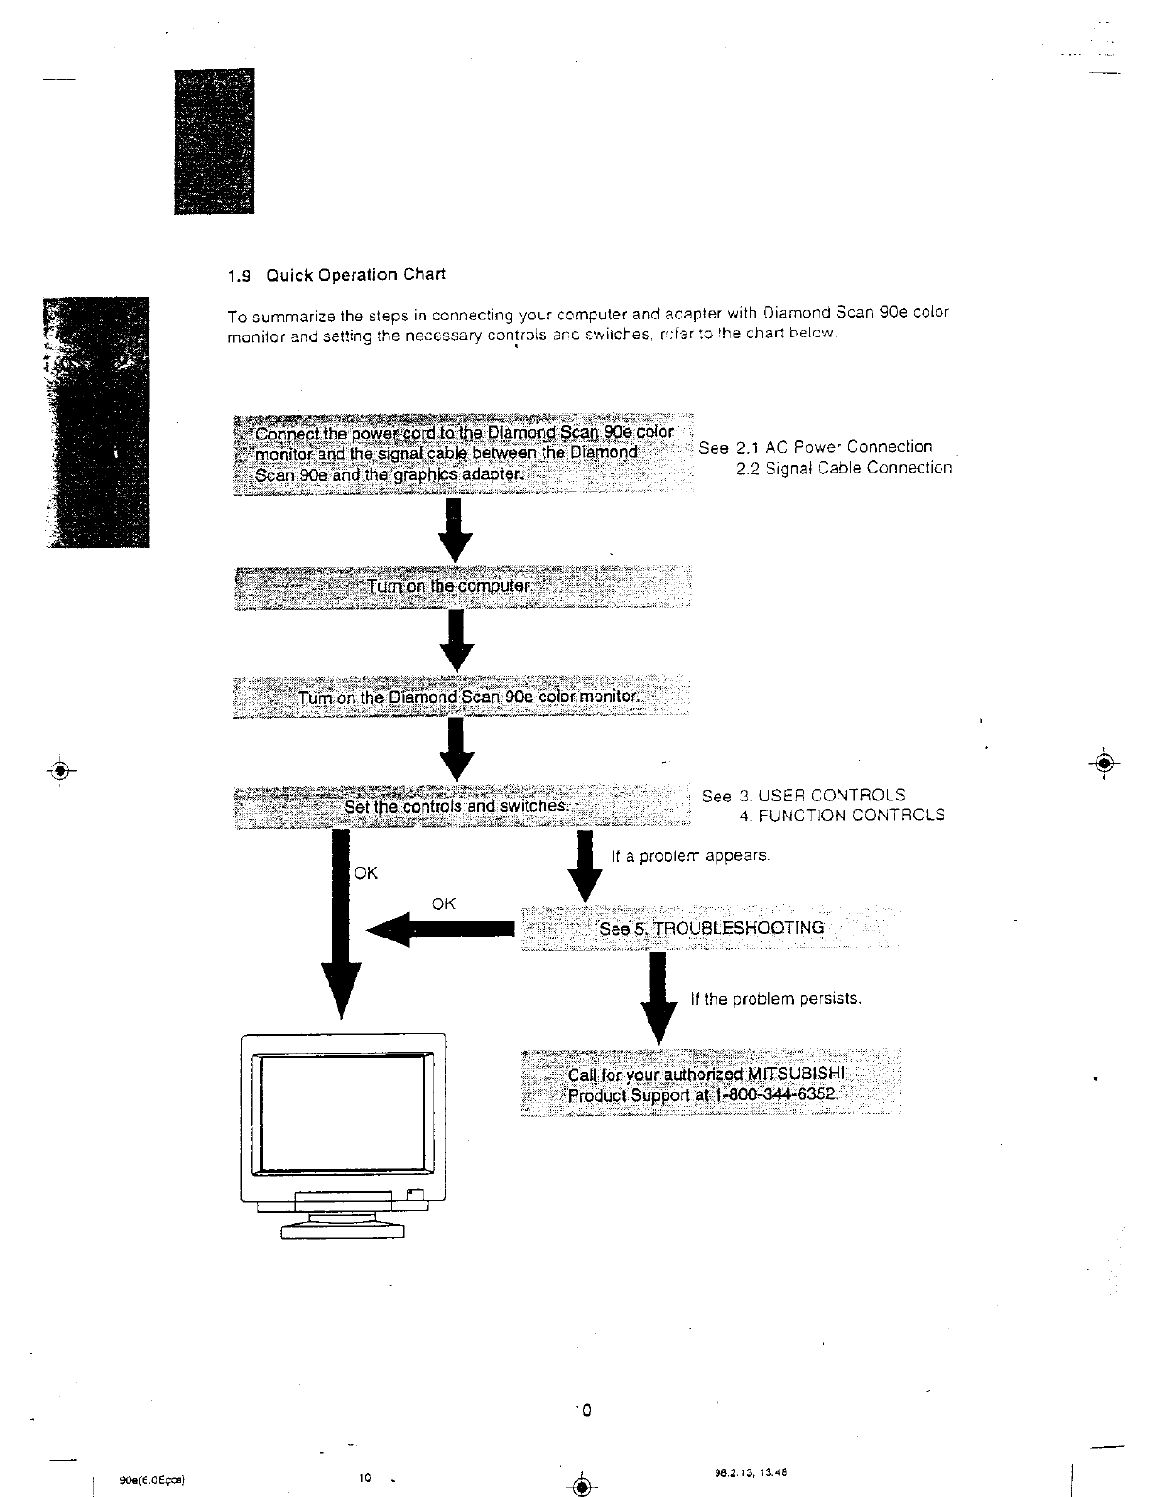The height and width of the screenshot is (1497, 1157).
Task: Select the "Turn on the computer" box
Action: (x=462, y=587)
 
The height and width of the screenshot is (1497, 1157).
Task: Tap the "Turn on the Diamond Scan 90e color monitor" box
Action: (x=462, y=698)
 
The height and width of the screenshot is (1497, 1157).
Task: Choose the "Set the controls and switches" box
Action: (x=462, y=806)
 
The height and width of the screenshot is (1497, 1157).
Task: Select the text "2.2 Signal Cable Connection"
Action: (x=844, y=468)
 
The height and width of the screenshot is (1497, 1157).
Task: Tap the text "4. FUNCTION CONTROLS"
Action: (x=841, y=816)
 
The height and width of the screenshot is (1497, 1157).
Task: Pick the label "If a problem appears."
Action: (x=691, y=856)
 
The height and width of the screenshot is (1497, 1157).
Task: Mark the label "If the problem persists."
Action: (x=776, y=999)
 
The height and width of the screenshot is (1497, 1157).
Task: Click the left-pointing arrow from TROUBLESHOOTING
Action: (x=440, y=930)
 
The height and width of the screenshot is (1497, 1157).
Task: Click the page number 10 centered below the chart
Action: (x=581, y=1412)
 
